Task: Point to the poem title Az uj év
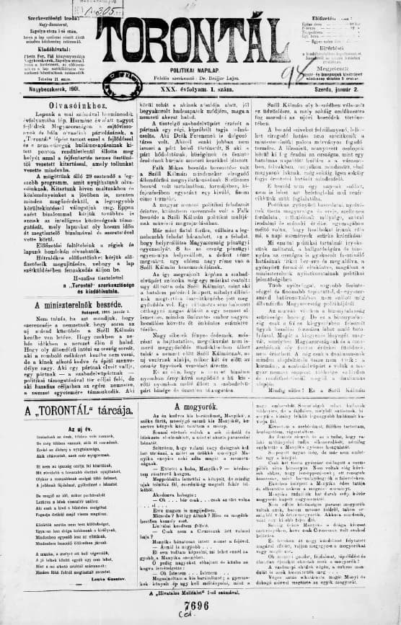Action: [66, 430]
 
